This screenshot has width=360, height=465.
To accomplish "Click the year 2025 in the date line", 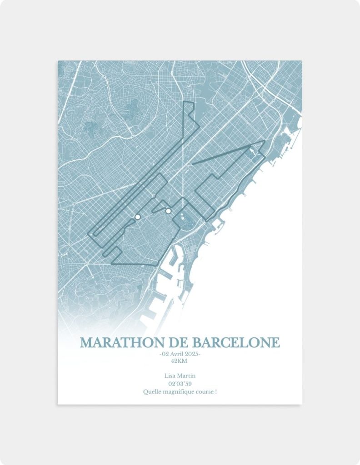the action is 191,354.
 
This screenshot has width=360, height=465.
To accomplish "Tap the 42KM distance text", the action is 180,361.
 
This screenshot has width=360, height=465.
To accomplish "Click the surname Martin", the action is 187,376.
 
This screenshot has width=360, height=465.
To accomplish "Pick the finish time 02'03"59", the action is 180,384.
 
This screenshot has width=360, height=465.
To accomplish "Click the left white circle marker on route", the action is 137,218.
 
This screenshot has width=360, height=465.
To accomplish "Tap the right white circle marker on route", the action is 168,211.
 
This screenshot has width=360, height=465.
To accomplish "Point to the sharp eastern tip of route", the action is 264,141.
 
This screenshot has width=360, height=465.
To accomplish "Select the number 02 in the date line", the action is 164,354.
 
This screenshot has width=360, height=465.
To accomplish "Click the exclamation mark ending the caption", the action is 215,391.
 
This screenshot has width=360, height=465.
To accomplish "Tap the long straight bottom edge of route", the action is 134,264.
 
